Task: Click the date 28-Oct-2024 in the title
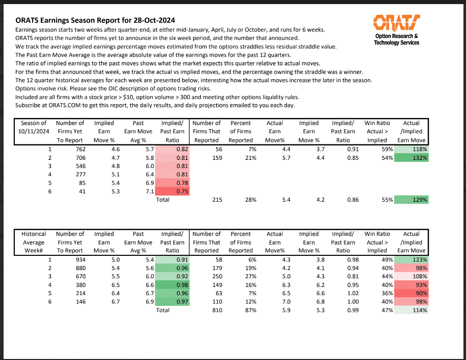[x=151, y=20]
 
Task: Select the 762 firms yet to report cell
[x=76, y=149]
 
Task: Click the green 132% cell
[x=412, y=157]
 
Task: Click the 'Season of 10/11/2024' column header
[x=34, y=131]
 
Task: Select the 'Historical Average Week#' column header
[x=34, y=242]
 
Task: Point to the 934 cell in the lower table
[x=76, y=259]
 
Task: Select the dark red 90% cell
[x=412, y=294]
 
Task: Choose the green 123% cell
[x=412, y=259]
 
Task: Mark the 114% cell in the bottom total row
[x=412, y=310]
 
